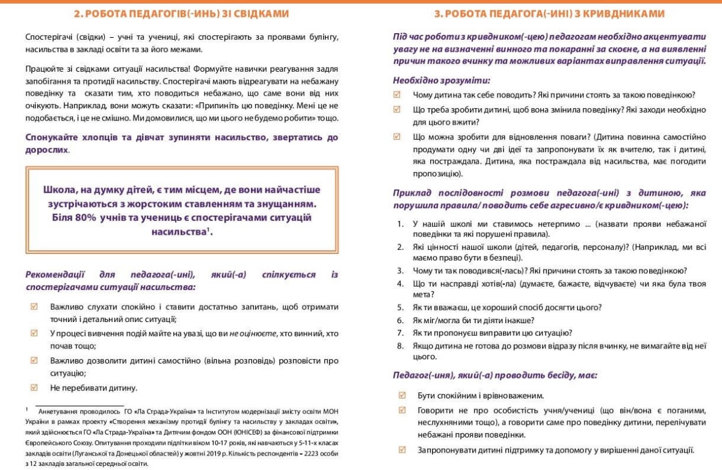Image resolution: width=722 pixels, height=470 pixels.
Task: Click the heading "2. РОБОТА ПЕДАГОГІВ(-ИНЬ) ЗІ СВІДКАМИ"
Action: pyautogui.click(x=181, y=13)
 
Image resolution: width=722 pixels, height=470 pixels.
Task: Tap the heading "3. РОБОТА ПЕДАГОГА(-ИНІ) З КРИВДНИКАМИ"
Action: pyautogui.click(x=549, y=13)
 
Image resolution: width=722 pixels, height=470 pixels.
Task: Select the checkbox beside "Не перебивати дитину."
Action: pyautogui.click(x=34, y=388)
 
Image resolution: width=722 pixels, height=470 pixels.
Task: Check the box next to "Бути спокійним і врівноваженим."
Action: pyautogui.click(x=402, y=395)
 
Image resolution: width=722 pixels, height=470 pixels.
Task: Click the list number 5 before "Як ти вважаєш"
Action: pyautogui.click(x=401, y=308)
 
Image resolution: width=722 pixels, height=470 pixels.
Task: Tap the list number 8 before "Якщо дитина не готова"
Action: pyautogui.click(x=401, y=346)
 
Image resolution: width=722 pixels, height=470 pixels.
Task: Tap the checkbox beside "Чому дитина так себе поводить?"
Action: pyautogui.click(x=396, y=94)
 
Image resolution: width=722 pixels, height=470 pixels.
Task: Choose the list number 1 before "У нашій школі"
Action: pyautogui.click(x=401, y=224)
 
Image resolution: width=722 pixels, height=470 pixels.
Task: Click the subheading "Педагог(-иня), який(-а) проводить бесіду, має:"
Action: pyautogui.click(x=495, y=376)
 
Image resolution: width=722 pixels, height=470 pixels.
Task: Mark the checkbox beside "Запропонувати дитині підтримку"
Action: pyautogui.click(x=402, y=450)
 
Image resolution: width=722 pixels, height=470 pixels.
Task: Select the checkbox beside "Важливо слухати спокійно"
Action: pyautogui.click(x=34, y=306)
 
